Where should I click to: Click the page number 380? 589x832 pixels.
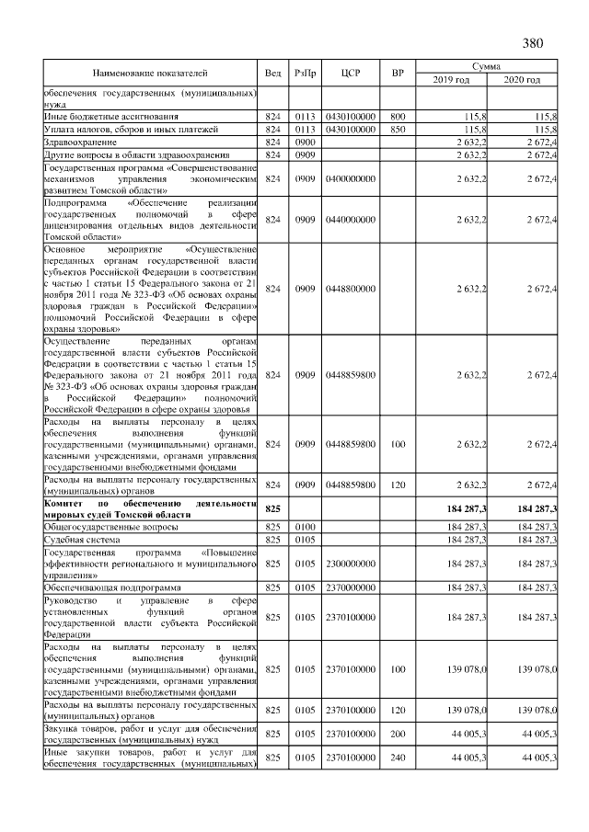[x=533, y=43]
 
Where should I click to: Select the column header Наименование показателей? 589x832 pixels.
[x=150, y=73]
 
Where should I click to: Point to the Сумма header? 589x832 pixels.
[x=486, y=66]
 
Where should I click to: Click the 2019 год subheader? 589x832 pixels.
[x=451, y=80]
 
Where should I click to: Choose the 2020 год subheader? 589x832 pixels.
[x=522, y=80]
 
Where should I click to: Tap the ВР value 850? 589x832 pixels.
[x=398, y=130]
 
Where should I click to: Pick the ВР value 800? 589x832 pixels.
[x=398, y=118]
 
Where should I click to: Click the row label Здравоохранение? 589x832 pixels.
[x=80, y=142]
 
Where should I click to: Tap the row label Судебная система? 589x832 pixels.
[x=85, y=540]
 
